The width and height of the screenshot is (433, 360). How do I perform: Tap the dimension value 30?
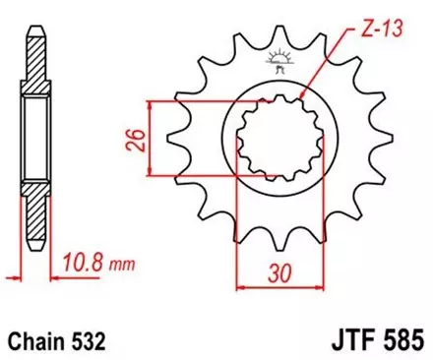[280, 272]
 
